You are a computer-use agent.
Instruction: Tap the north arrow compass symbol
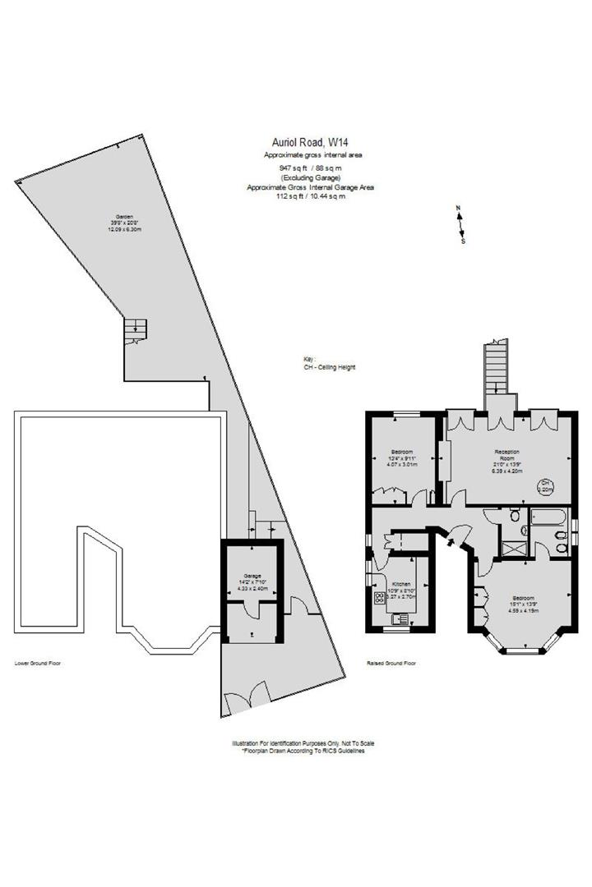pos(461,224)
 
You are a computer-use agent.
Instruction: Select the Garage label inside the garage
pos(251,576)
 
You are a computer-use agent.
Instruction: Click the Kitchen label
pos(402,583)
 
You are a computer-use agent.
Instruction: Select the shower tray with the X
pos(517,549)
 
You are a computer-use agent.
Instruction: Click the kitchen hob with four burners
pos(379,597)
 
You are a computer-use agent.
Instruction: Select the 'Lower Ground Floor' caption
pos(37,662)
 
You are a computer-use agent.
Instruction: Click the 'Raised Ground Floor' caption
pos(391,662)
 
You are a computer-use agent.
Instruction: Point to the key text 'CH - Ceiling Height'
pos(329,367)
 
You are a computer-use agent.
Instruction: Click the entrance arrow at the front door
pos(449,540)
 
